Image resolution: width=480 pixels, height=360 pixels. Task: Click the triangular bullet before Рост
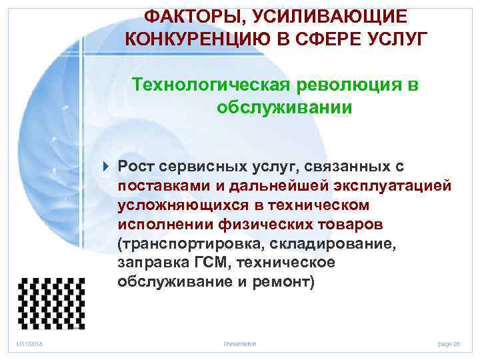click(x=109, y=165)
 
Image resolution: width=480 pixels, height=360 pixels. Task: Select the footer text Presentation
click(x=240, y=343)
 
